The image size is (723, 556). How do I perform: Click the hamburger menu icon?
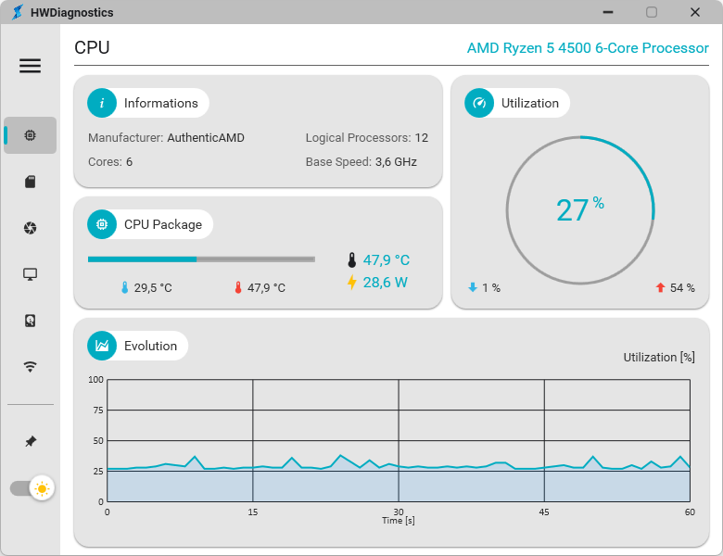click(x=30, y=66)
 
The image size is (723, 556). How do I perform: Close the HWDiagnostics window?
click(x=695, y=12)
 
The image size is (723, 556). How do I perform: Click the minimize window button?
click(x=608, y=12)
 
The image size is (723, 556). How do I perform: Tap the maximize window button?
click(x=652, y=12)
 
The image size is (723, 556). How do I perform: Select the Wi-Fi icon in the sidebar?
click(x=30, y=367)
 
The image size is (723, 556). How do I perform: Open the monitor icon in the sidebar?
click(x=30, y=274)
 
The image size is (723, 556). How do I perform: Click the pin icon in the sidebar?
click(x=31, y=441)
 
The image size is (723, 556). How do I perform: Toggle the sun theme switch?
click(x=32, y=488)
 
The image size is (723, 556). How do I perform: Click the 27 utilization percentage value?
click(x=572, y=210)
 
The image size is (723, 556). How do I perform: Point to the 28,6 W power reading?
click(x=385, y=282)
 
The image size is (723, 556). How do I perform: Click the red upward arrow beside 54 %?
click(x=660, y=287)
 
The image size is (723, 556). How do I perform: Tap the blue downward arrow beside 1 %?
click(x=473, y=287)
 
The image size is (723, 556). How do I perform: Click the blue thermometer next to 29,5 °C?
click(x=124, y=287)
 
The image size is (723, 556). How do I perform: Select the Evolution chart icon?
click(x=102, y=346)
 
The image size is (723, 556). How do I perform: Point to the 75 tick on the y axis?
click(x=98, y=411)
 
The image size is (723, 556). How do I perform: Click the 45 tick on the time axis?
click(x=544, y=512)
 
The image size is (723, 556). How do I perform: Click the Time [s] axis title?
click(x=399, y=521)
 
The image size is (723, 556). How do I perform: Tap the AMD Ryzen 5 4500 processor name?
click(x=588, y=48)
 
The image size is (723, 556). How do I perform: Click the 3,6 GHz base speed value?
click(x=396, y=162)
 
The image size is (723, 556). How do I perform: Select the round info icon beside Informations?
click(x=102, y=103)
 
